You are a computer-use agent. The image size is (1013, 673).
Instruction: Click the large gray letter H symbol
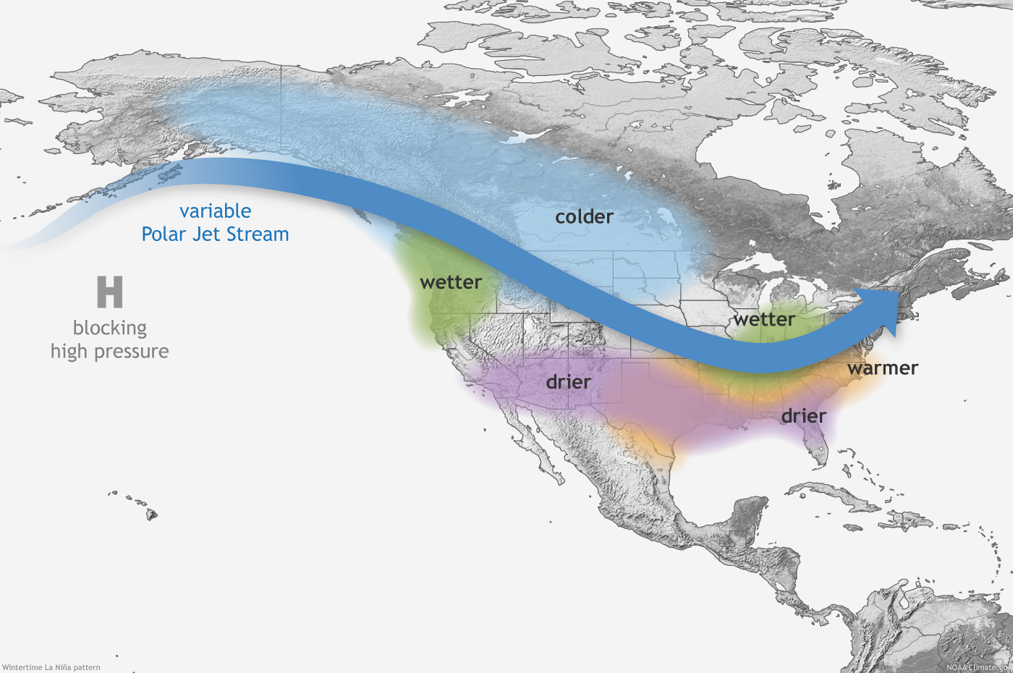point(110,292)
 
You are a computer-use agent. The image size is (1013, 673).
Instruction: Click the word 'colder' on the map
point(584,216)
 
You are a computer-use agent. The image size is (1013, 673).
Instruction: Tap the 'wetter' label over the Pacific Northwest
point(451,282)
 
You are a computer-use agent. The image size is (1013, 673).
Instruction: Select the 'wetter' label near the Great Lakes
point(765,319)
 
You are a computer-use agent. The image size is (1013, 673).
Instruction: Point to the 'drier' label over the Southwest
point(568,381)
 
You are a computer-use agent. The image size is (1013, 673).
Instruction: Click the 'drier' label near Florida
point(803,416)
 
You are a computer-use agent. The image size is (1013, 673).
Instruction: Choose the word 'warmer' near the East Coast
point(883,368)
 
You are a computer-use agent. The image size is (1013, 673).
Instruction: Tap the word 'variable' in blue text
point(215,211)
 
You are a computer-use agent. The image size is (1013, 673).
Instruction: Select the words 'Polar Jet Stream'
point(215,234)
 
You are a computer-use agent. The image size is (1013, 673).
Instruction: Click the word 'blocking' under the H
point(110,328)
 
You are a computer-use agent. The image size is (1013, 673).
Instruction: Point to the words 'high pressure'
point(110,352)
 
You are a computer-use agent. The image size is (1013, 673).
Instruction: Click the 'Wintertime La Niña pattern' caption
point(51,667)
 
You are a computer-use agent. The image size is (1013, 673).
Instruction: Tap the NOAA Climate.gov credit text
point(977,667)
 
